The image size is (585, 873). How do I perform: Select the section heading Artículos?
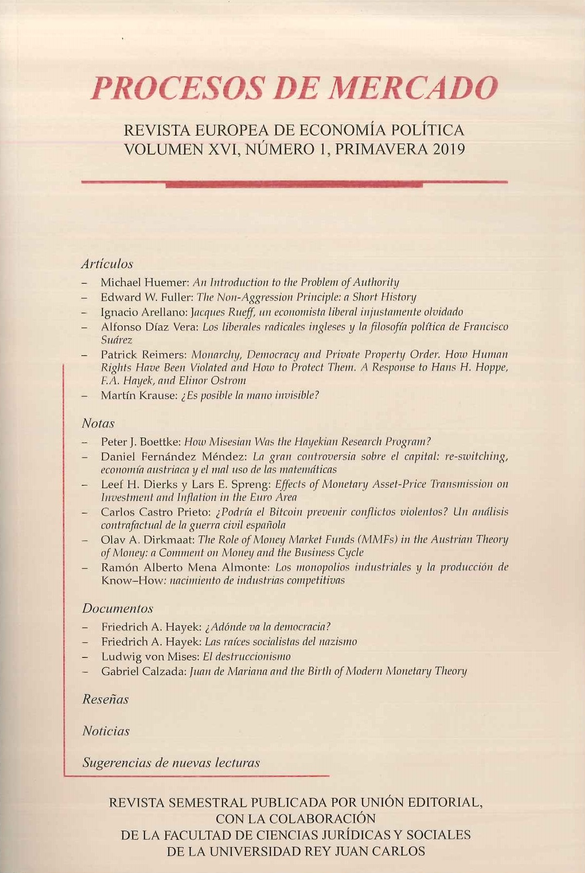107,264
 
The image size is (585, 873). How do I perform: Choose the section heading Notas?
98,423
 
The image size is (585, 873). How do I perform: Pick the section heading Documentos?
118,608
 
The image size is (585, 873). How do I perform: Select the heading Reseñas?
105,699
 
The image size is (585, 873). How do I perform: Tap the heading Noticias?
106,731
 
